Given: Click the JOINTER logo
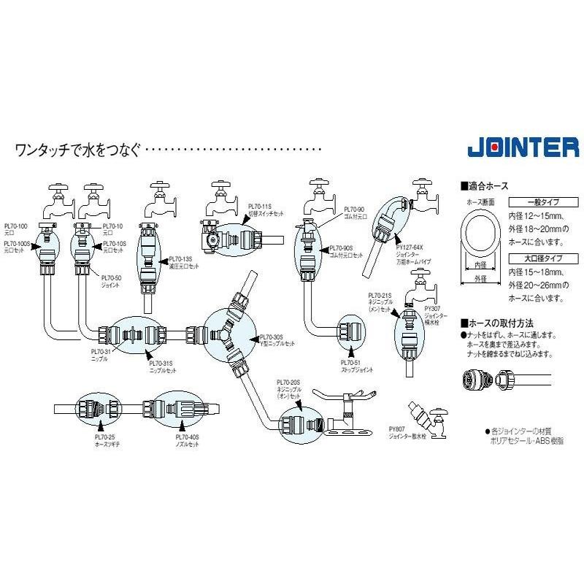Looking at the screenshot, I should click(x=523, y=147).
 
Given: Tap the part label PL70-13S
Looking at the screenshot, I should click(x=180, y=258).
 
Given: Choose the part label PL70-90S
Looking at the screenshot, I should click(x=340, y=248).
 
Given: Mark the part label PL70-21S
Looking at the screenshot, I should click(x=380, y=296).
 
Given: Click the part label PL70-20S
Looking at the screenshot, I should click(x=289, y=382).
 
